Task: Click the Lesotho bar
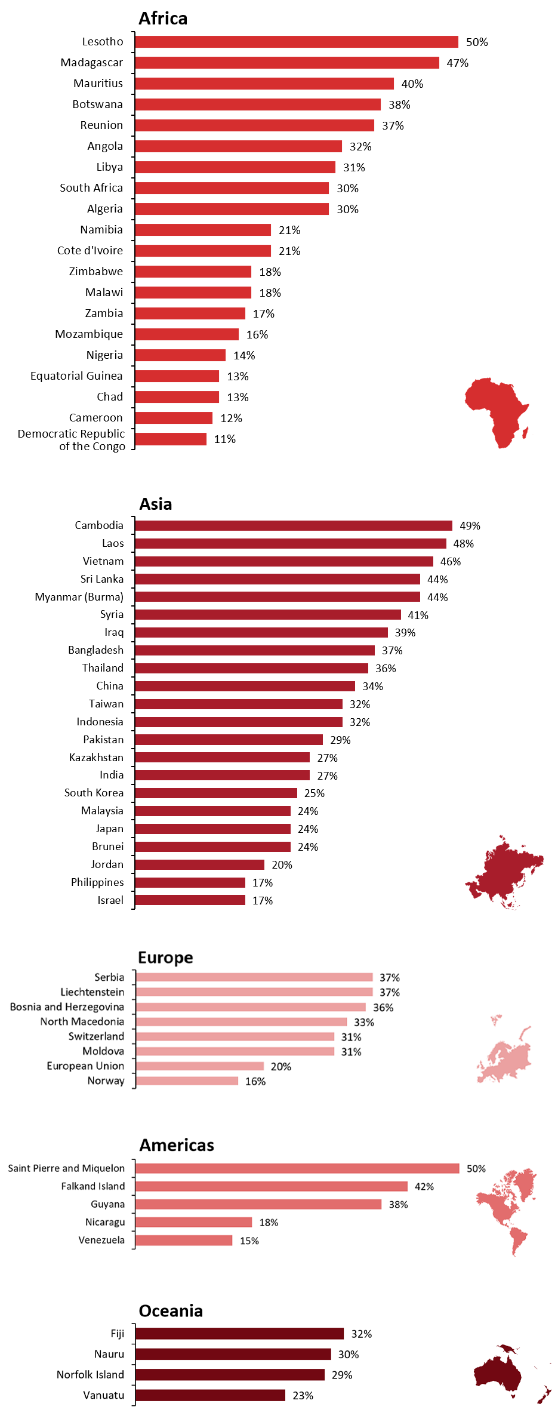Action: [297, 42]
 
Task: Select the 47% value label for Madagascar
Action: [458, 63]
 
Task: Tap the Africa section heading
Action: [163, 19]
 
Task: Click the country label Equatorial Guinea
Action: [76, 376]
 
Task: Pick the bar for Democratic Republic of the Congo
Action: [171, 439]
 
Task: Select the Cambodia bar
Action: [294, 525]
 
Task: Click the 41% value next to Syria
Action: [418, 615]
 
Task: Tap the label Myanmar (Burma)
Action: [79, 597]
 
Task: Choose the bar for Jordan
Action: [199, 865]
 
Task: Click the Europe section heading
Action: [165, 958]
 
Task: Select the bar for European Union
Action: [199, 1066]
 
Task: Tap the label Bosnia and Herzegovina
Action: [67, 1007]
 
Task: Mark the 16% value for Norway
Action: [255, 1082]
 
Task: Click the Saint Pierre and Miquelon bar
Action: [297, 1168]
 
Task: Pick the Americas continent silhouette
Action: [507, 1209]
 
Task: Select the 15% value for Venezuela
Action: [249, 1241]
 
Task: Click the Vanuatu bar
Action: [210, 1396]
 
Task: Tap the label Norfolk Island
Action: [91, 1375]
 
